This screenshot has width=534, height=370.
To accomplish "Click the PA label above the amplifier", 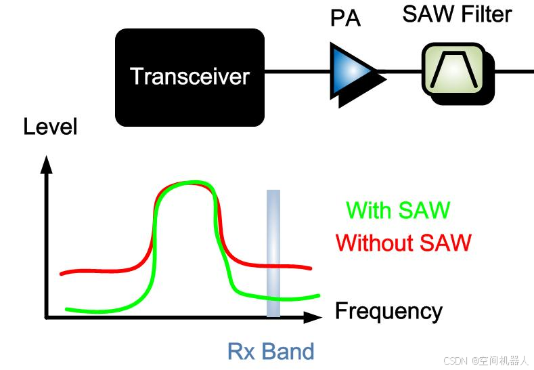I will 345,18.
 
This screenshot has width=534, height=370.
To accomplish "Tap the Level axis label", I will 50,126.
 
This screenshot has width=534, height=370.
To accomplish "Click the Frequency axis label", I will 388,311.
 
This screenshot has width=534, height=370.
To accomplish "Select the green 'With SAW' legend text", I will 398,210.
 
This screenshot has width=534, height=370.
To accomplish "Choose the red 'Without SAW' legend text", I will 403,242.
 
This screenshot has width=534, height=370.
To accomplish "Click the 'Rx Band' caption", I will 271,352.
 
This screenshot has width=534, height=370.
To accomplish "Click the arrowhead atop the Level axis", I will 46,163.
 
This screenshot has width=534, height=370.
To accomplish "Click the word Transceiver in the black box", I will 190,76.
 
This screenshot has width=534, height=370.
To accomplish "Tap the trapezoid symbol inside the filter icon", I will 452,70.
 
